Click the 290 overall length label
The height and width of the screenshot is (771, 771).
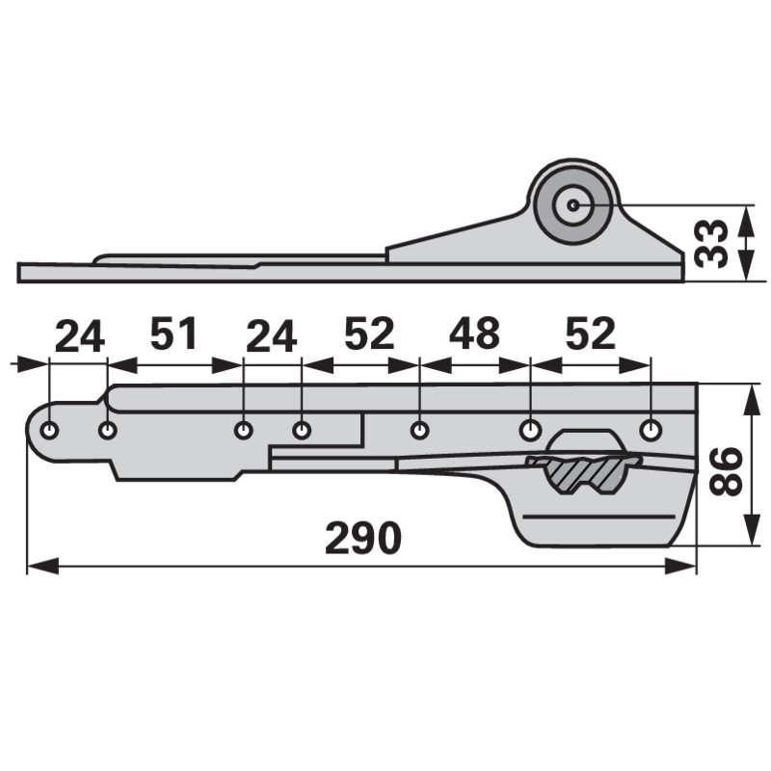362,538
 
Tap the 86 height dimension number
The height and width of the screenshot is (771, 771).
728,470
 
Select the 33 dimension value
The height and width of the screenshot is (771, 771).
712,242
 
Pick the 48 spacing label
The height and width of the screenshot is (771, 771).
474,334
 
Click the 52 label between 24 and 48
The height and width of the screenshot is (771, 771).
368,334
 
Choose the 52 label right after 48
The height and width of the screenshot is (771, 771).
590,334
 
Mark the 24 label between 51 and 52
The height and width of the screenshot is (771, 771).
271,337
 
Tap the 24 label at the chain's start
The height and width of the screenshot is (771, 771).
79,337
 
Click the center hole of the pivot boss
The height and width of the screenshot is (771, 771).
573,204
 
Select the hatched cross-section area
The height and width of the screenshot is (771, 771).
582,473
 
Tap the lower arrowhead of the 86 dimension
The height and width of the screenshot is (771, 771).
748,539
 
